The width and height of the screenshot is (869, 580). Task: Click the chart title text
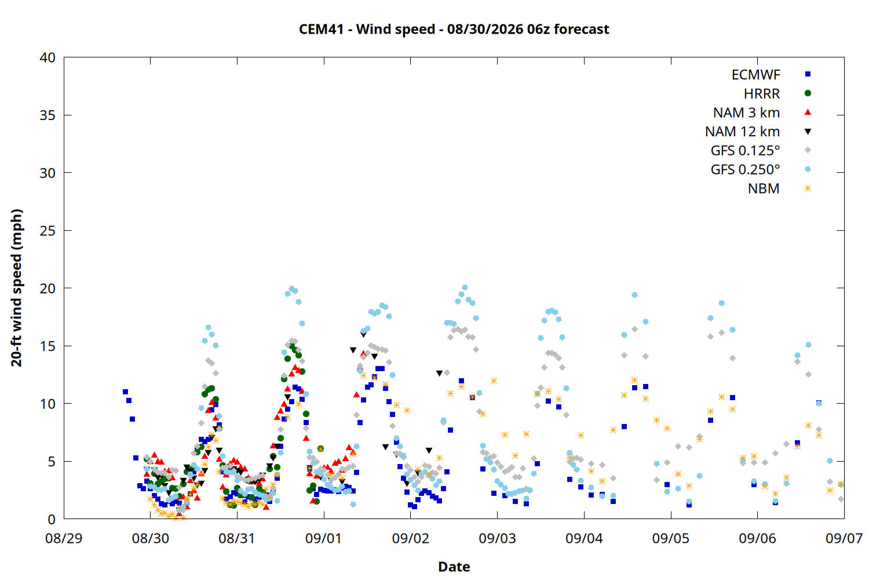(454, 29)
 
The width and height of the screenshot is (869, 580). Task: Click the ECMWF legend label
(755, 75)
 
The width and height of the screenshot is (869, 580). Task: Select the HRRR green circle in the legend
(808, 93)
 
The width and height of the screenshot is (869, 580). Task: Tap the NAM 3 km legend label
(746, 113)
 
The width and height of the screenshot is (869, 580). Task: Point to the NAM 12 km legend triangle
(808, 132)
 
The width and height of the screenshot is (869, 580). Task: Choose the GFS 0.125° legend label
(745, 150)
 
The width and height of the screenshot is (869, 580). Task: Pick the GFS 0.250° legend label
(745, 169)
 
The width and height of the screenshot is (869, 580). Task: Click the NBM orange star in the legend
(808, 188)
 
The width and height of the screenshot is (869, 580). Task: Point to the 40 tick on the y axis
(48, 57)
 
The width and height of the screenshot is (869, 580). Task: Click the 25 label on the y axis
(48, 231)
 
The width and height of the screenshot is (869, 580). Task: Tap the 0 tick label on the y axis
(52, 520)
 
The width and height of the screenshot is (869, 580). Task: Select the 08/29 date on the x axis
(64, 538)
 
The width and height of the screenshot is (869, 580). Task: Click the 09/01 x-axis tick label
(324, 538)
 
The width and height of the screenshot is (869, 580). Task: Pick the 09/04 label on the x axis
(584, 538)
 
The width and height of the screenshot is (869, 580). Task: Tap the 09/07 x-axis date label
(844, 538)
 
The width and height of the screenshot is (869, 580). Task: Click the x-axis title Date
(454, 567)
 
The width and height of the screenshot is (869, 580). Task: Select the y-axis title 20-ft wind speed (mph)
(17, 288)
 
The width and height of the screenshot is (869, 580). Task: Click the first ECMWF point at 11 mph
(125, 392)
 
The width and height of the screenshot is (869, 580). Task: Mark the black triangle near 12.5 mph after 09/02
(439, 374)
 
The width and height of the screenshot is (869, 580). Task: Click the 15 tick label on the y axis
(48, 346)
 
